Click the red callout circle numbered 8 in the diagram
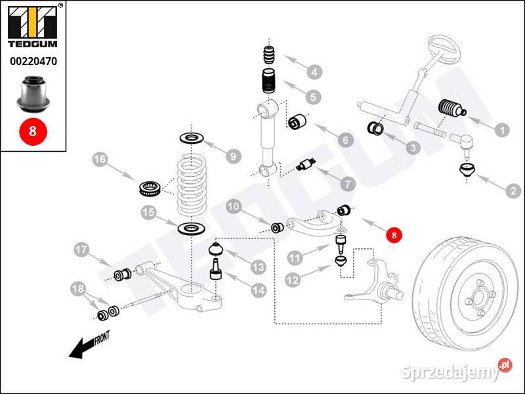393,234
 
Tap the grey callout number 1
503,130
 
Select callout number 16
99,159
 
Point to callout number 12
292,279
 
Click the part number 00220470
33,62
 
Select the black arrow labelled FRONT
89,345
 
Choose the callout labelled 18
77,289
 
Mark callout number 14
256,288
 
